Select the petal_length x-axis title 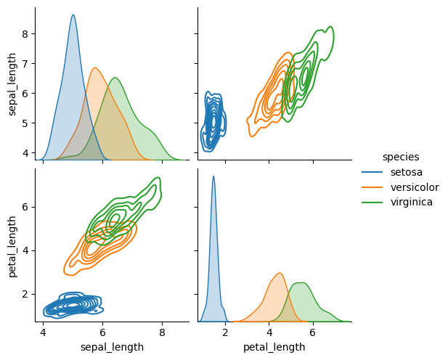coord(274,347)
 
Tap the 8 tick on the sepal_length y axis coord(25,33)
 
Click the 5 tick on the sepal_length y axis coord(25,123)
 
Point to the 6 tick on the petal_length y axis coord(25,206)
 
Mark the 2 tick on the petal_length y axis coord(25,294)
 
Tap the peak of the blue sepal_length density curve coord(73,15)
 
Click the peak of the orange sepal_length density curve coord(95,68)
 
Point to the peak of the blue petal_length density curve coord(213,176)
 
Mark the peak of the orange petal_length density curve coord(280,273)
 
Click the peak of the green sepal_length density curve coord(115,78)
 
